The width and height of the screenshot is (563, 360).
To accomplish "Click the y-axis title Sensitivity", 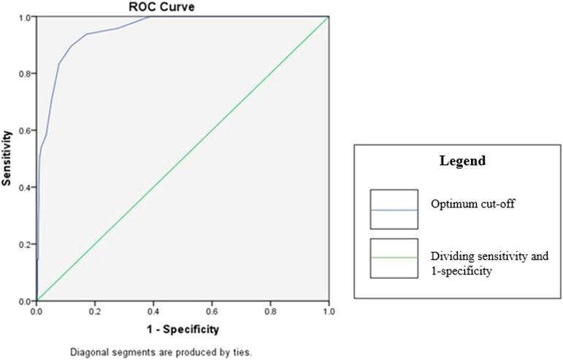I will tap(7, 158).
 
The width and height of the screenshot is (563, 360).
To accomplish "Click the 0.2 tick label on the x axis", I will tap(95, 310).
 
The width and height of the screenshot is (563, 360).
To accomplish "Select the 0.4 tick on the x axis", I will tap(153, 310).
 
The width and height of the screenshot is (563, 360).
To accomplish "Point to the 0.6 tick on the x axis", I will tap(212, 310).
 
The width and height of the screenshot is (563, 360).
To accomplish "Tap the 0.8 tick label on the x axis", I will tap(270, 310).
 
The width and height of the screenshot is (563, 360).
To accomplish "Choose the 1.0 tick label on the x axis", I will tap(329, 310).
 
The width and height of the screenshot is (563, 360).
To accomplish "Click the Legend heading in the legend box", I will tap(456, 160).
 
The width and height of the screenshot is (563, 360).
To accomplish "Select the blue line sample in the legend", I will tap(394, 210).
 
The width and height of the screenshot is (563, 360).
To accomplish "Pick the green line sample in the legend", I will tap(394, 258).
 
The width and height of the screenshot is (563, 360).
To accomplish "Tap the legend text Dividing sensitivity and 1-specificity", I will tap(489, 264).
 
